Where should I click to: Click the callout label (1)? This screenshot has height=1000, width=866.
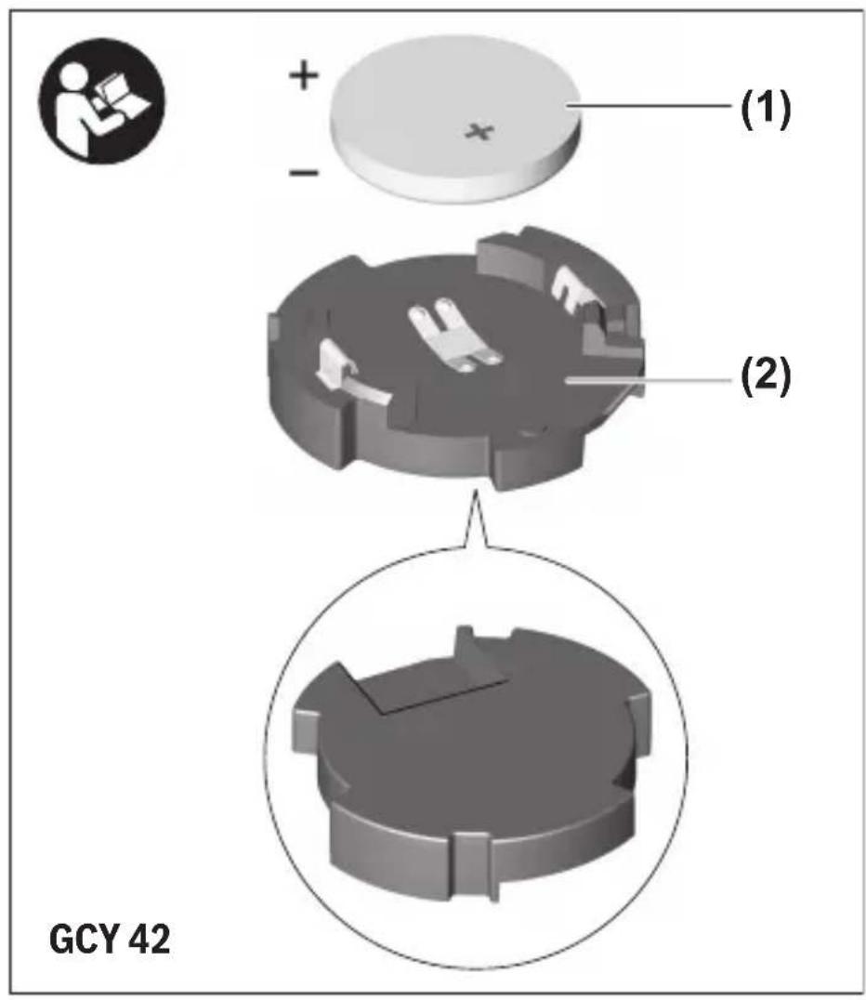point(766,108)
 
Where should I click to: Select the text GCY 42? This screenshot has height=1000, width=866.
point(110,939)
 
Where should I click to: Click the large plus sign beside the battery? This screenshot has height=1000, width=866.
point(304,75)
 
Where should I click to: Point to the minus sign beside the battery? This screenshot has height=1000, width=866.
point(304,172)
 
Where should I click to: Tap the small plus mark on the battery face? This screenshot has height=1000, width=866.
point(479,131)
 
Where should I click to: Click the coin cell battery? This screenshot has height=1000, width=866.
point(455,120)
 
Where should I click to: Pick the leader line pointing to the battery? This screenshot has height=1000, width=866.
point(649,106)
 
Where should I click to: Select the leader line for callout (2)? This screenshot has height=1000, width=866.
point(649,379)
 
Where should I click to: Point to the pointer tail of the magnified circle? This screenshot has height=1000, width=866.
point(475,520)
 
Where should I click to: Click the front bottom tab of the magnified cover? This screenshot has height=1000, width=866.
point(472,866)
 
